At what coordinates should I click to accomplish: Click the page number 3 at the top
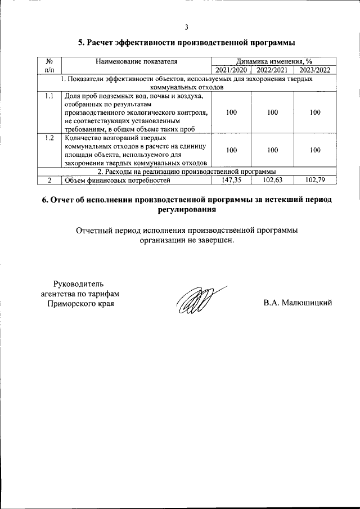click(186, 28)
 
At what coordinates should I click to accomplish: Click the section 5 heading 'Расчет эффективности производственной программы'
click(186, 43)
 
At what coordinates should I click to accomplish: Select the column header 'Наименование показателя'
click(137, 61)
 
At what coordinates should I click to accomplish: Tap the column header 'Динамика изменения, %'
click(274, 61)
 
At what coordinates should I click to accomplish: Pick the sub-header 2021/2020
click(231, 70)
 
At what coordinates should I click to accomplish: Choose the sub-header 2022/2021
click(272, 70)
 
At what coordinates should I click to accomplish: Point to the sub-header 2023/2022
click(314, 70)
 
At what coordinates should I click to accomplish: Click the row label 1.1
click(49, 96)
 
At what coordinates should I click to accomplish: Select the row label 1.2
click(49, 138)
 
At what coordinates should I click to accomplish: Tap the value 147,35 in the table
click(231, 180)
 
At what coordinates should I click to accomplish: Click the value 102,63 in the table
click(272, 180)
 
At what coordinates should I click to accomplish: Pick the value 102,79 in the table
click(314, 180)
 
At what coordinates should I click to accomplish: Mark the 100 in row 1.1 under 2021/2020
click(231, 112)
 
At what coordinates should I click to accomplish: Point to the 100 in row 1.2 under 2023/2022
click(314, 150)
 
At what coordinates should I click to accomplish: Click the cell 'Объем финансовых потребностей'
click(117, 180)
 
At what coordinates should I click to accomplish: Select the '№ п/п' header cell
click(49, 66)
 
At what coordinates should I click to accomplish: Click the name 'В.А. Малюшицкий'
click(298, 303)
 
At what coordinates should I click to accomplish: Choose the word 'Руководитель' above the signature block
click(78, 283)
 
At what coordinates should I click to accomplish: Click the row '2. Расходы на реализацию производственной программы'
click(186, 172)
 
